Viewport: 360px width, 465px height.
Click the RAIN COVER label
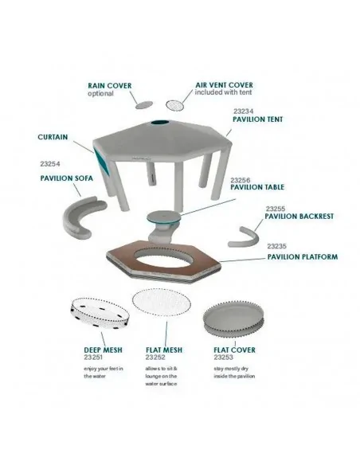pos(109,86)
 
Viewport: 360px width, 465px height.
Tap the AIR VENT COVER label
pos(224,85)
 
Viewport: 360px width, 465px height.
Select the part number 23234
pos(243,111)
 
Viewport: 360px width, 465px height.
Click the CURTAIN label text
pos(53,137)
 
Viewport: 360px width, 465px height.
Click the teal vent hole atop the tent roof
pos(160,123)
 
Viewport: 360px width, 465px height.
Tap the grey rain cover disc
pos(144,104)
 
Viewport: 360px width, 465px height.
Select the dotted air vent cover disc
pos(174,105)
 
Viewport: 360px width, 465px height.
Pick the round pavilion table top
pos(164,217)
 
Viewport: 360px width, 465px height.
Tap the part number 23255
pos(276,209)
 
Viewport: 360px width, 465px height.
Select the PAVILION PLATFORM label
pos(303,257)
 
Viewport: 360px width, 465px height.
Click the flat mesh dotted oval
pos(162,303)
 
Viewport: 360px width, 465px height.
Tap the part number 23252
pos(155,358)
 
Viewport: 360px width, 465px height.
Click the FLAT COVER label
pos(234,350)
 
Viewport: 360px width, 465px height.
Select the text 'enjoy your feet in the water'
pos(104,373)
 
